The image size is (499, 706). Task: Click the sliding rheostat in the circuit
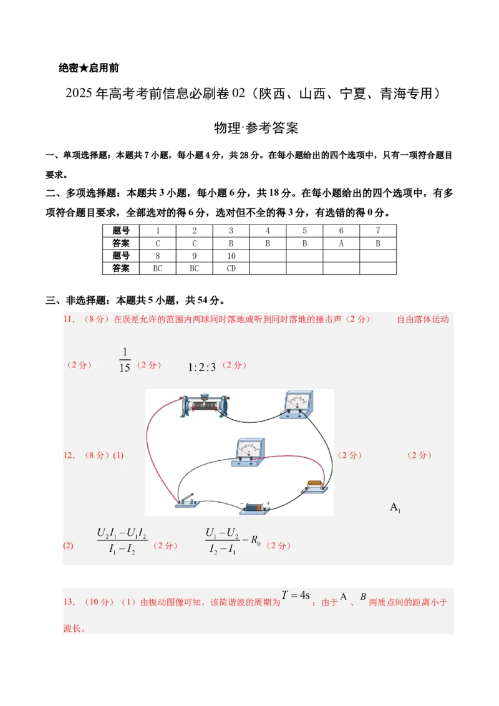point(204,405)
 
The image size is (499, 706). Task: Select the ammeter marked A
point(297,405)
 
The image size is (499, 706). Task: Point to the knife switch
point(187,500)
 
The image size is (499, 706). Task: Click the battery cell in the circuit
point(254,508)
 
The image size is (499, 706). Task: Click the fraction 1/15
point(125,360)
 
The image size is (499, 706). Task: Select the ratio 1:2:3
point(201,367)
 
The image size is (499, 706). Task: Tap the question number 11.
point(69,319)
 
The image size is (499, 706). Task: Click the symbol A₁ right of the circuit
point(395,507)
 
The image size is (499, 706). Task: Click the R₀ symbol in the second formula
point(255,540)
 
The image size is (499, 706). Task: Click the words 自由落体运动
point(423,319)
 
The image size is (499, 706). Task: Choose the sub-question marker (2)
point(67,546)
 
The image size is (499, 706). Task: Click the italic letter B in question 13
point(363,597)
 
